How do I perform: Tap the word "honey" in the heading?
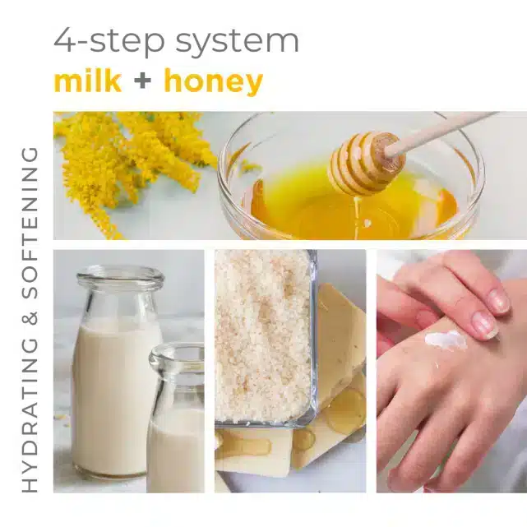pyautogui.click(x=214, y=83)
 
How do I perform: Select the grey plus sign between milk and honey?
pyautogui.click(x=142, y=81)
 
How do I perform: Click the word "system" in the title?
pyautogui.click(x=238, y=44)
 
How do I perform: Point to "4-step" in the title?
pyautogui.click(x=109, y=42)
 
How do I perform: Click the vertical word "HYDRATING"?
pyautogui.click(x=30, y=414)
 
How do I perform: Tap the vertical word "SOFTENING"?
pyautogui.click(x=30, y=224)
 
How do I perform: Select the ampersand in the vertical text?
pyautogui.click(x=30, y=319)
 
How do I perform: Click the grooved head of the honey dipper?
pyautogui.click(x=367, y=164)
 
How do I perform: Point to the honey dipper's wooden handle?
pyautogui.click(x=444, y=132)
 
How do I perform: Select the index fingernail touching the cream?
pyautogui.click(x=485, y=324)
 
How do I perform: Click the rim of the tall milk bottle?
pyautogui.click(x=120, y=276)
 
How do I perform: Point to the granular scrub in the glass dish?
pyautogui.click(x=264, y=336)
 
